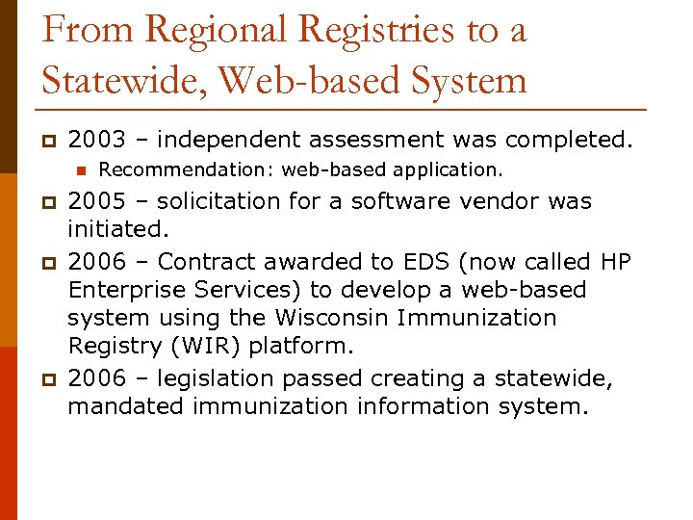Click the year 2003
coord(96,141)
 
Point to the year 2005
coord(96,202)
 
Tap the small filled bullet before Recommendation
coord(81,170)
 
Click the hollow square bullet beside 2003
coord(47,142)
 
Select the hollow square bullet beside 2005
coord(47,203)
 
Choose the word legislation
coord(218,378)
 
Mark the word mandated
coord(126,406)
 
